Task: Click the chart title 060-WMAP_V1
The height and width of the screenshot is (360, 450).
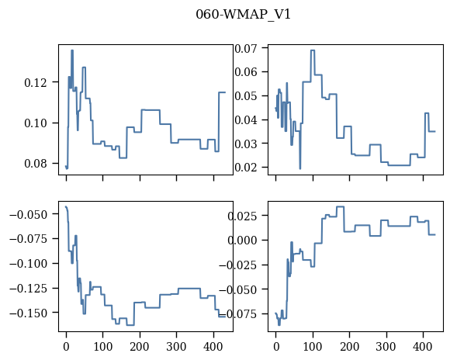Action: coord(243,15)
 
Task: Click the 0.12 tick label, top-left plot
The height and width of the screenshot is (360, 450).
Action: coord(35,83)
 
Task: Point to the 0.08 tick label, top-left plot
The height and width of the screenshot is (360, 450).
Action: coord(35,164)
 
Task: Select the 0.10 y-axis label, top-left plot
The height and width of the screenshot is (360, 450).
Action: coord(35,123)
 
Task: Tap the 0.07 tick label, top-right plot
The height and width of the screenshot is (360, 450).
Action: coord(246,48)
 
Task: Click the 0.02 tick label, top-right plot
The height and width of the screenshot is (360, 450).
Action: coord(246,167)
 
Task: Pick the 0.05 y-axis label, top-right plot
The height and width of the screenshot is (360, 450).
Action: coord(246,96)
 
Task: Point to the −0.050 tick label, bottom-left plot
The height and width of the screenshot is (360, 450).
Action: coord(28,214)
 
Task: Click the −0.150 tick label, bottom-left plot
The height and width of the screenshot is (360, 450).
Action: coord(28,313)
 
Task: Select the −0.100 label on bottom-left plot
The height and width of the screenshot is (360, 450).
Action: coord(28,264)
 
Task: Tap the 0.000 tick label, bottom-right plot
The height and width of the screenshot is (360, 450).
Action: coord(243,240)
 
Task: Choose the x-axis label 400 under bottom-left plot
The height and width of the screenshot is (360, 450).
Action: coord(213,347)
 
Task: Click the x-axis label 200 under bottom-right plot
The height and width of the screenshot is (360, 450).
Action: coord(350,347)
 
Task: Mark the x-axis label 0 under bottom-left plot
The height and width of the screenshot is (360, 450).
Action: coord(66,347)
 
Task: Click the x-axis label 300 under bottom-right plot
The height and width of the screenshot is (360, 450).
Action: coord(386,347)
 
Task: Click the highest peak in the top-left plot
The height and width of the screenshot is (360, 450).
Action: coord(72,50)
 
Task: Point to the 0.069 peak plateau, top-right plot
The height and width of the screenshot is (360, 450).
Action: coord(313,50)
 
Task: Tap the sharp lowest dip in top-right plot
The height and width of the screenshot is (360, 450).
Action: coord(300,168)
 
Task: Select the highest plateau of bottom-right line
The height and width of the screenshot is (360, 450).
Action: coord(341,206)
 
